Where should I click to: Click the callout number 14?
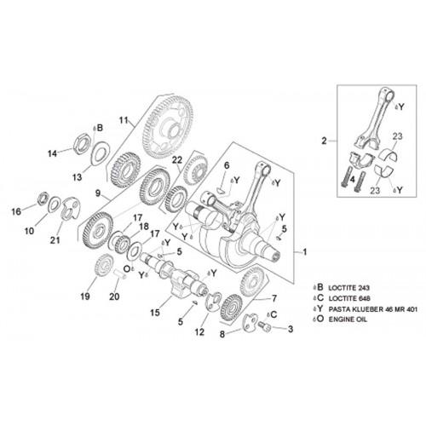point(52,153)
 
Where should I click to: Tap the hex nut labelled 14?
point(82,142)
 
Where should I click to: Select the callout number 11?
point(124,120)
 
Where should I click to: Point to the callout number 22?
point(176,160)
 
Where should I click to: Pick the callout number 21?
point(55,240)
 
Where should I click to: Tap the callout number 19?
point(85,296)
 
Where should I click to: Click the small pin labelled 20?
point(119,274)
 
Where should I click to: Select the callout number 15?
point(155,313)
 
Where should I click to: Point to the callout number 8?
point(222,334)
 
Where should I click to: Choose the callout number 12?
point(199,331)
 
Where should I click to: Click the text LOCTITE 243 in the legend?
point(349,288)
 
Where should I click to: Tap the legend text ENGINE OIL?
point(348,319)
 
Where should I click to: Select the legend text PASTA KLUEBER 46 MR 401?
point(373,309)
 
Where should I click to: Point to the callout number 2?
point(325,141)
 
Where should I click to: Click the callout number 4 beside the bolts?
point(352,180)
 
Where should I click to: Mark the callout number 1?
point(305,252)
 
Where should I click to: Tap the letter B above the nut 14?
point(100,128)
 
